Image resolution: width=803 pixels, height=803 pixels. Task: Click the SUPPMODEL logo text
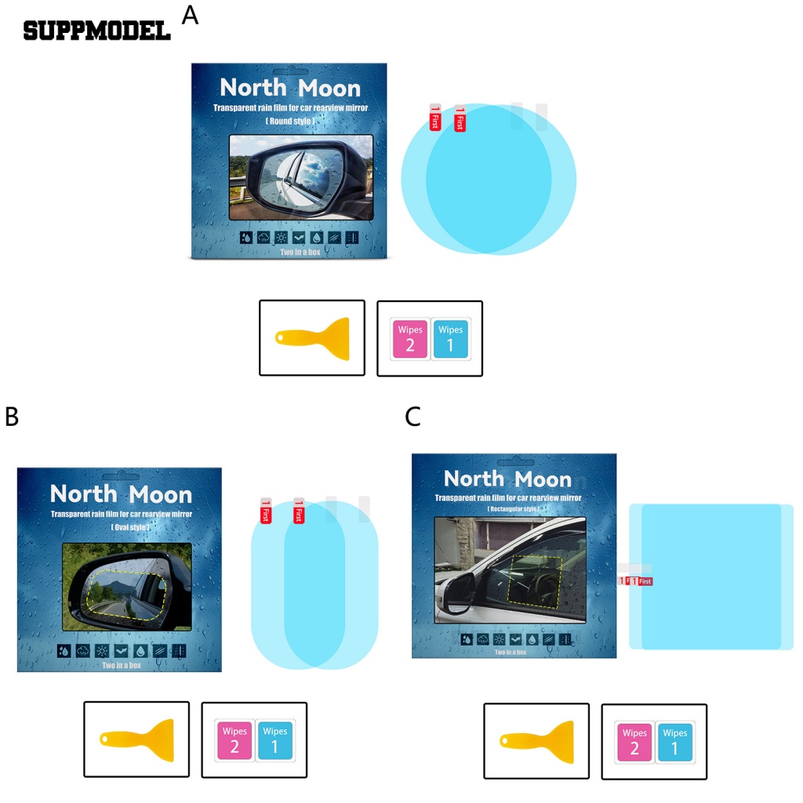tap(96, 31)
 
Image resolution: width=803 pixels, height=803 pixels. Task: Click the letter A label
tap(190, 15)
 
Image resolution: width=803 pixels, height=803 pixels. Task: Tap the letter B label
tap(12, 416)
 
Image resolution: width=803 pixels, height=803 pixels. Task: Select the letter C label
tap(413, 416)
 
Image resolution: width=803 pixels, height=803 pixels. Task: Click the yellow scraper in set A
tap(313, 338)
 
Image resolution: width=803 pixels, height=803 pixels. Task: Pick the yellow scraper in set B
tap(137, 739)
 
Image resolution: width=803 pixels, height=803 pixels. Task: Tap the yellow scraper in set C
tap(537, 740)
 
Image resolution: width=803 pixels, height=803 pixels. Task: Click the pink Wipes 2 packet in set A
tap(410, 339)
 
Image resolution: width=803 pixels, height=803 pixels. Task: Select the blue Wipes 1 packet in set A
tap(451, 339)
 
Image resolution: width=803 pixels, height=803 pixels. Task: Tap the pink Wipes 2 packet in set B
tap(234, 740)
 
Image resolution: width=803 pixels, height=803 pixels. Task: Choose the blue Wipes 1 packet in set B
tap(274, 740)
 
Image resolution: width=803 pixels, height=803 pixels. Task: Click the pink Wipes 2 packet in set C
tap(634, 742)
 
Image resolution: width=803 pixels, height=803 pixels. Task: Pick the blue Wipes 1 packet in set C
tap(674, 742)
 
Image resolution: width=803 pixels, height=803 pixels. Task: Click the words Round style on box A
tap(290, 122)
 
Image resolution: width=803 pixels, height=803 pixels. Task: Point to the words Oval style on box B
tap(120, 527)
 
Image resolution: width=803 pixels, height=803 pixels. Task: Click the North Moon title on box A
tap(290, 88)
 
